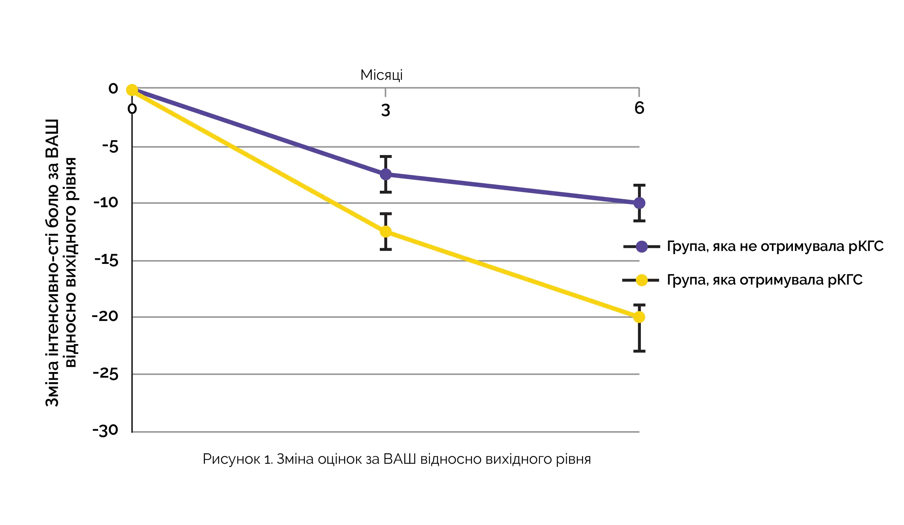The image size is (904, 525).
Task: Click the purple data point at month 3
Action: tap(385, 175)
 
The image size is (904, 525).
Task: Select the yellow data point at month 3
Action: tap(385, 231)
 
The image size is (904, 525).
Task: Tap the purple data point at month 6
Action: tap(639, 203)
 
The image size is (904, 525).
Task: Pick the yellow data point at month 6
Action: tap(639, 317)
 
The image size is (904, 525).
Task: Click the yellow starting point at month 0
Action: tap(132, 90)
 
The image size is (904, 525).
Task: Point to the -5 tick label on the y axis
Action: tap(110, 147)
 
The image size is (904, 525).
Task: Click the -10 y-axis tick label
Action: tap(106, 203)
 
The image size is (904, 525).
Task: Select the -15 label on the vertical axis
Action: tap(106, 260)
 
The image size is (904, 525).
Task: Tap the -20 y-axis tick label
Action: tap(105, 316)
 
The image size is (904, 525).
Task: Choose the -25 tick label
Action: tap(105, 374)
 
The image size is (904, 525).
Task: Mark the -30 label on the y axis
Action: tap(105, 430)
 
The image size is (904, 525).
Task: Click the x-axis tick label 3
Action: tap(386, 110)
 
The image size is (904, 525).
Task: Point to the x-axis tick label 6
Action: tap(639, 108)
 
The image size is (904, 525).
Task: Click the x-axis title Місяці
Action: tap(381, 75)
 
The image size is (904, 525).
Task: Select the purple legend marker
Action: tap(642, 246)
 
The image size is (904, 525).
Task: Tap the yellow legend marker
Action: tap(642, 280)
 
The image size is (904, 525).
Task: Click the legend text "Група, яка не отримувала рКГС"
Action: tap(775, 246)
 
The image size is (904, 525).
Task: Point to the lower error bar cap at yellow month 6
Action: tap(639, 351)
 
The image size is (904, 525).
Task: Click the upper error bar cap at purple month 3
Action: tap(385, 156)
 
